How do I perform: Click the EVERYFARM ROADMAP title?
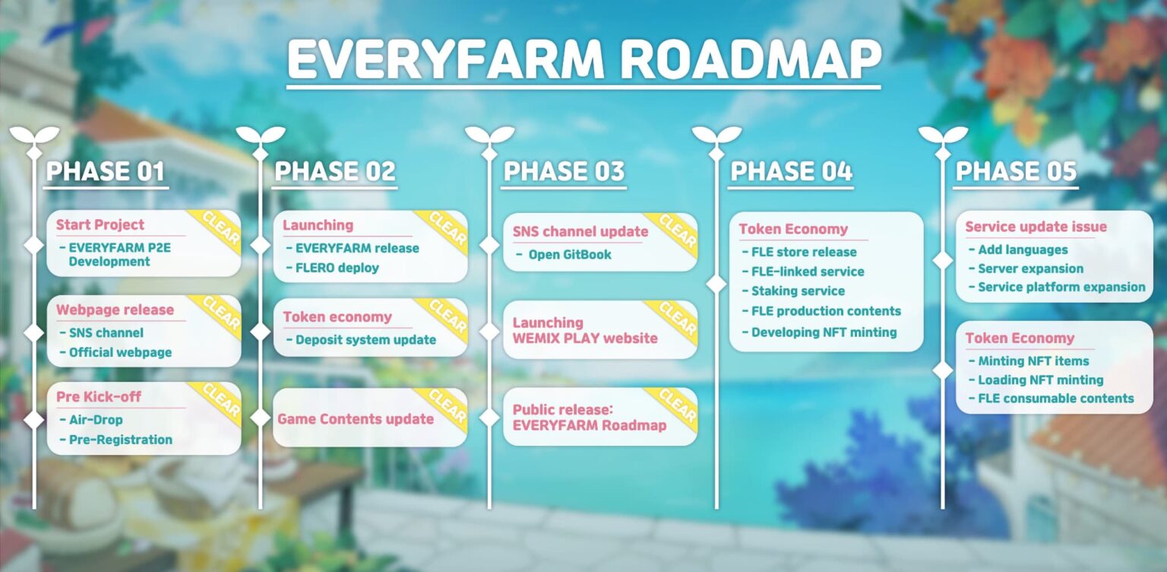click(x=583, y=59)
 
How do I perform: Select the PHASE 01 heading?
click(x=105, y=172)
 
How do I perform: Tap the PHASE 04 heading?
click(x=790, y=172)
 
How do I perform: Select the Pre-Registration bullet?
click(x=120, y=440)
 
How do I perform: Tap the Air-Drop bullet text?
click(x=95, y=420)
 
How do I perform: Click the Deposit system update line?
click(x=365, y=339)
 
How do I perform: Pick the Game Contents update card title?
click(x=356, y=419)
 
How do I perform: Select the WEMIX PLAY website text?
click(x=585, y=338)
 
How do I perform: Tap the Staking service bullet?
click(x=797, y=291)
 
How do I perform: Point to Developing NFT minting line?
click(x=824, y=332)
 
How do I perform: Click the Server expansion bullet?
click(x=1030, y=269)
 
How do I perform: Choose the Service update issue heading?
click(x=1036, y=227)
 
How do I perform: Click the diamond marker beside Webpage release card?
click(x=34, y=332)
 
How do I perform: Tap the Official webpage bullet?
click(x=120, y=352)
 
